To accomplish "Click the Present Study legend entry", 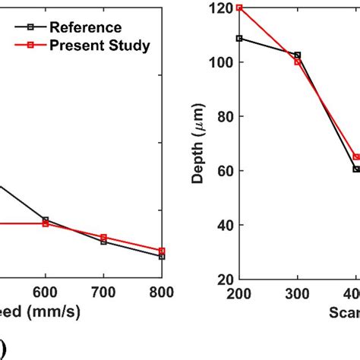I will coord(99,46).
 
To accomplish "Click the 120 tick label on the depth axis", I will coord(223,8).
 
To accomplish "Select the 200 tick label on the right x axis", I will coord(239,294).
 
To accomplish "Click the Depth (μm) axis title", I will coord(198,144).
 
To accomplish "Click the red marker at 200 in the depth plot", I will coord(239,8).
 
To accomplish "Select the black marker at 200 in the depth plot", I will coord(239,38).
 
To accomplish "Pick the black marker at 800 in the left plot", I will coord(161,256).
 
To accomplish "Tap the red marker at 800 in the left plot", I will coord(161,251).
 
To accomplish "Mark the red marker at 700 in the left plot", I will coord(103,237).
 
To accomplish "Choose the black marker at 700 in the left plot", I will coord(103,242).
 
